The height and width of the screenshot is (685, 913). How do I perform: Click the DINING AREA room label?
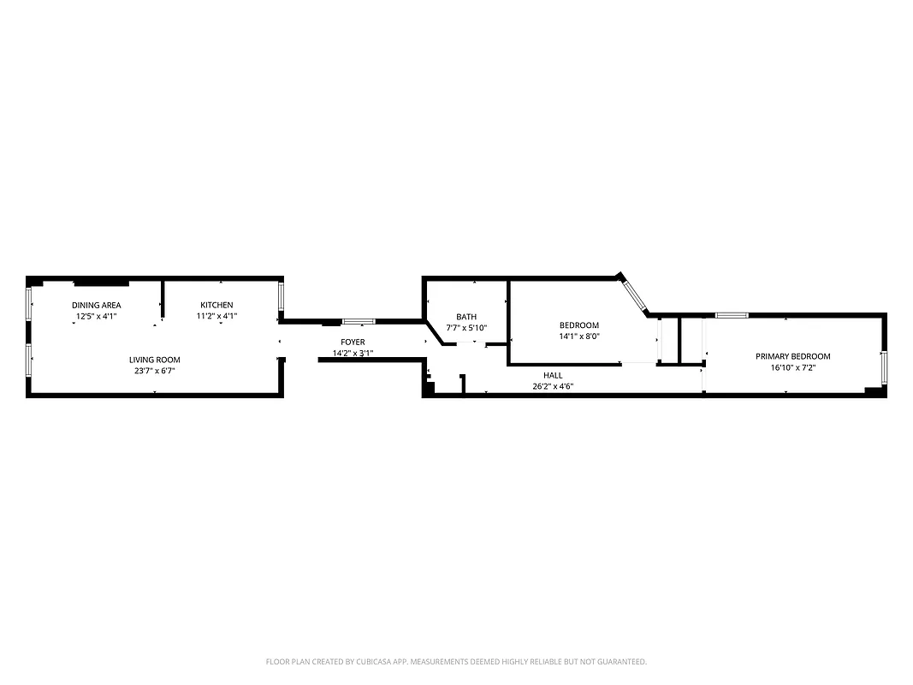(97, 305)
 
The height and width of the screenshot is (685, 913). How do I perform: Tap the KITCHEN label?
(216, 305)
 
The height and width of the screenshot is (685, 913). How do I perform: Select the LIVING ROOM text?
(155, 360)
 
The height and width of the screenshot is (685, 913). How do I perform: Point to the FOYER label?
(353, 342)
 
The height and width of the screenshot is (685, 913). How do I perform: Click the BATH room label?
(466, 317)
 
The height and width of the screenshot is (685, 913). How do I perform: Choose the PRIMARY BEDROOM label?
(792, 356)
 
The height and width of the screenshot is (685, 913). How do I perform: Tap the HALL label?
(553, 375)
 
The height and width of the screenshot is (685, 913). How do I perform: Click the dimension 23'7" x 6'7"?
(155, 371)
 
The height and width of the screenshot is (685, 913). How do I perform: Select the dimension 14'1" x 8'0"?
(579, 337)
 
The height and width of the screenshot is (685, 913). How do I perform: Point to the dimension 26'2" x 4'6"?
(553, 386)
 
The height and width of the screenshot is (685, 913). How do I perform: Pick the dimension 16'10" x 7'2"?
(792, 367)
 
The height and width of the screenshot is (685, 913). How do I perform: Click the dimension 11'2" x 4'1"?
(216, 316)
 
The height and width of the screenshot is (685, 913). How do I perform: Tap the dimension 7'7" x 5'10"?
(466, 328)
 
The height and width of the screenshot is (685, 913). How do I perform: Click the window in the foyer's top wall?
(359, 321)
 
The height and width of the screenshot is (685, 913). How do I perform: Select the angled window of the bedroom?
(634, 294)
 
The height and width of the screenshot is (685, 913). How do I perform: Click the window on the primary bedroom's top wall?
(732, 315)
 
